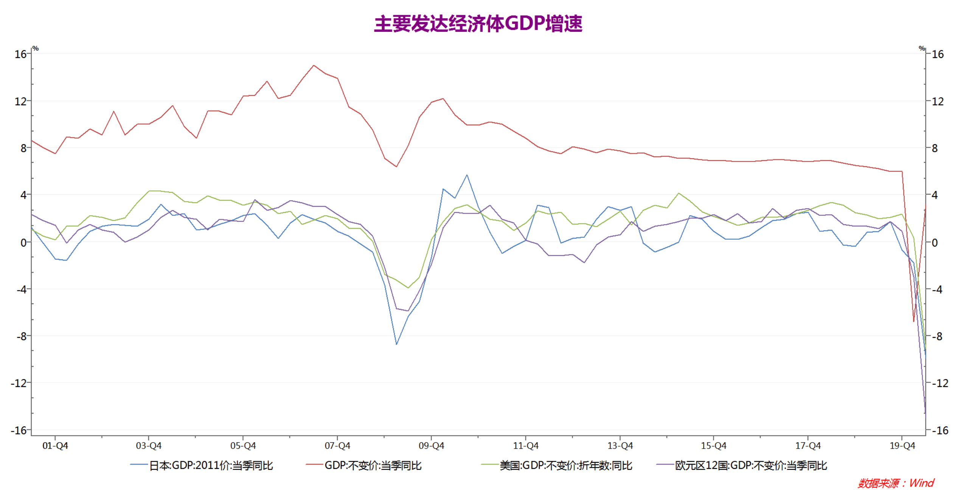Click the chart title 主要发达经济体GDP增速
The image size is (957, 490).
(x=478, y=23)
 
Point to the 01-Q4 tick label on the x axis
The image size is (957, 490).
(x=55, y=446)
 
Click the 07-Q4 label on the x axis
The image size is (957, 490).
(x=337, y=446)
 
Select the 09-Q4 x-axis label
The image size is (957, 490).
(x=431, y=446)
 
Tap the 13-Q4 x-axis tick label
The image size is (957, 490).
(x=620, y=446)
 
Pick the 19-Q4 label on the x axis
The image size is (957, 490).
(x=902, y=446)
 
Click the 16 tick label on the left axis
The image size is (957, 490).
(x=20, y=54)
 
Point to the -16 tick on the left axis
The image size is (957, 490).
(x=19, y=431)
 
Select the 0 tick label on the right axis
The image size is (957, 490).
(x=935, y=243)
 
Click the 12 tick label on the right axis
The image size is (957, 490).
(x=937, y=101)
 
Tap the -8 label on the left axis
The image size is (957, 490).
(x=21, y=336)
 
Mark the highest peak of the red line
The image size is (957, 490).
(x=314, y=65)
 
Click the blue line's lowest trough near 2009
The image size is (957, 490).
(x=396, y=344)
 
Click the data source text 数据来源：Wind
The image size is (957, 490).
(x=896, y=483)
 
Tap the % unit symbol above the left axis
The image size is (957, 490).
(x=36, y=48)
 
